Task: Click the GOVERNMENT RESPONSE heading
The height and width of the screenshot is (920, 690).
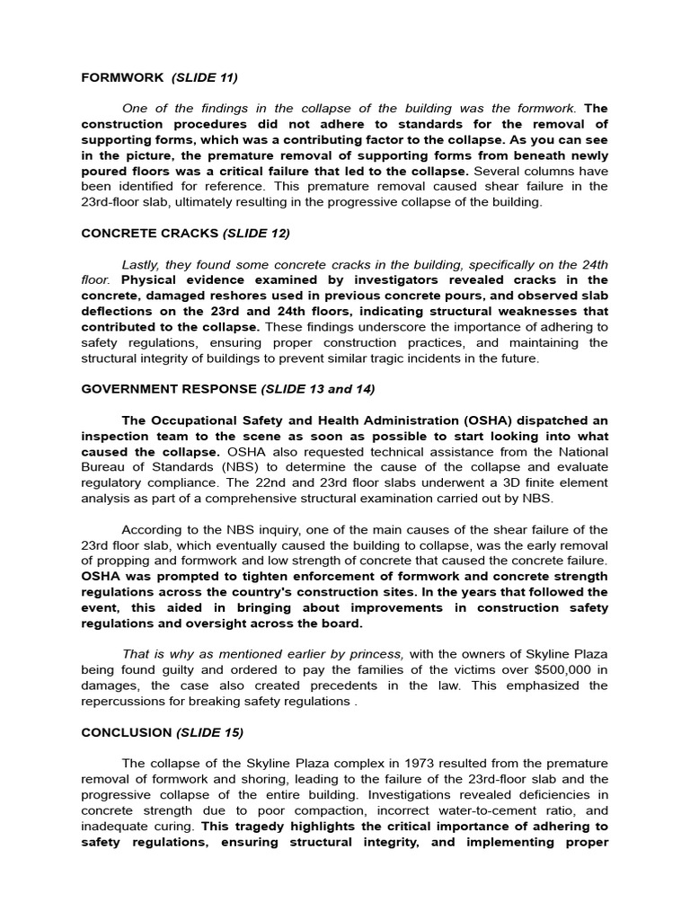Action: click(x=168, y=389)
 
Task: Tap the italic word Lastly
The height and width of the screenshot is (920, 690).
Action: click(x=144, y=264)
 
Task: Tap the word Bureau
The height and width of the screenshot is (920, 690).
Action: click(x=103, y=467)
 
